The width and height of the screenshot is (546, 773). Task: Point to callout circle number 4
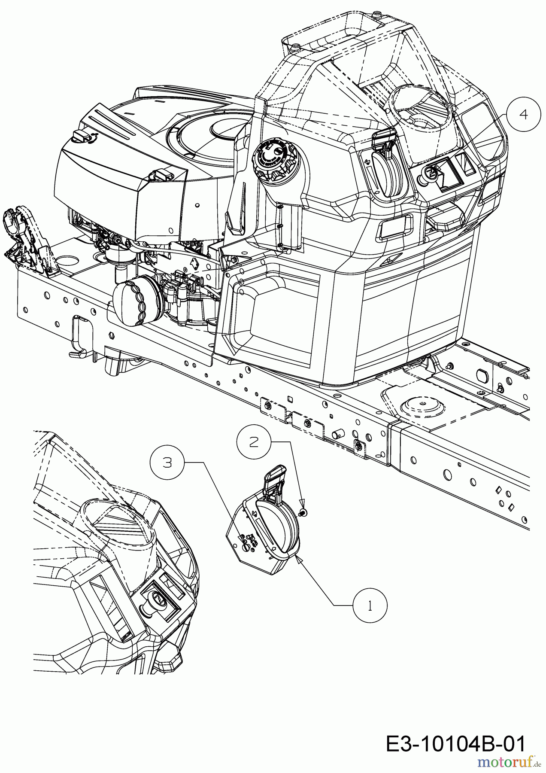point(523,114)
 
